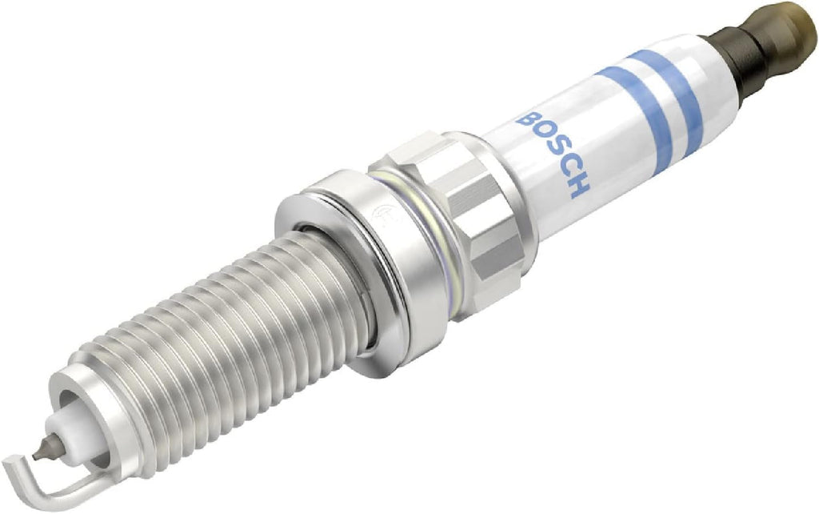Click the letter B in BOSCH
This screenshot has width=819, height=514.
tap(529, 122)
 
